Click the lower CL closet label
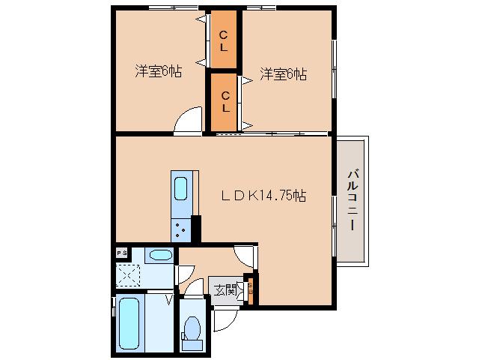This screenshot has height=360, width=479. tap(224, 100)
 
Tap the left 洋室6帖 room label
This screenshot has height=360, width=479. tap(159, 73)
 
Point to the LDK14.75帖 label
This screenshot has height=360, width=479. tap(262, 196)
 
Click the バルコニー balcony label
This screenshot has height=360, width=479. tap(352, 200)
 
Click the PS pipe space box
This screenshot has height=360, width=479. tap(120, 254)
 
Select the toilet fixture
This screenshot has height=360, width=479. tap(192, 330)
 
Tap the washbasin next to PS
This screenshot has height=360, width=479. tap(159, 255)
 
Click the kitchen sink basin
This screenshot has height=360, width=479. tap(182, 188)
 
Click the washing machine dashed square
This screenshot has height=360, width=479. tap(126, 277)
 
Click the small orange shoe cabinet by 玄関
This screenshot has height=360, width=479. tap(251, 290)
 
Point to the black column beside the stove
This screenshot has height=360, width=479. tap(196, 226)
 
